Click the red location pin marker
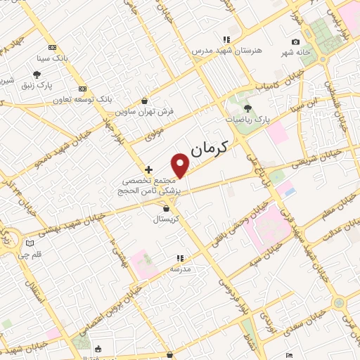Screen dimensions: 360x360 tap(181, 165)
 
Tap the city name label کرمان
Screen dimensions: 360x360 tap(215, 144)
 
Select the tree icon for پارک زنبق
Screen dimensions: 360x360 tap(37, 75)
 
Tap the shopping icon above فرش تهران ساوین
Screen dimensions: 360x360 tap(145, 101)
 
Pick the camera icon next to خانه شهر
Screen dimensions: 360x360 tap(295, 41)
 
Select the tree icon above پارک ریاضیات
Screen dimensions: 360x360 tap(247, 108)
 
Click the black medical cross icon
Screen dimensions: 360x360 tap(148, 169)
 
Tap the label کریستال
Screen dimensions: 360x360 tap(167, 219)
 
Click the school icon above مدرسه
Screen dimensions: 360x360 tap(180, 258)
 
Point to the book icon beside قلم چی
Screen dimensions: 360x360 tap(29, 244)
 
